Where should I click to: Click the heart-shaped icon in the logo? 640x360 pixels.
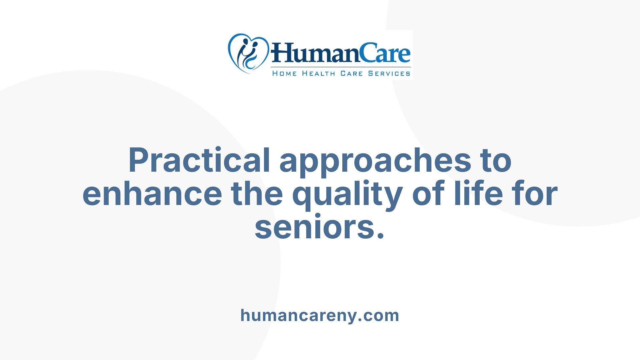point(248,53)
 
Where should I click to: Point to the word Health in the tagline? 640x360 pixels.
point(318,73)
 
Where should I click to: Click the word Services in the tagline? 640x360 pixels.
point(389,73)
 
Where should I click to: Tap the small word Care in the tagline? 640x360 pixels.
point(351,73)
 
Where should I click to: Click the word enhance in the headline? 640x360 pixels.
point(152,194)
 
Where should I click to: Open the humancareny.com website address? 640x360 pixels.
point(320,315)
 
